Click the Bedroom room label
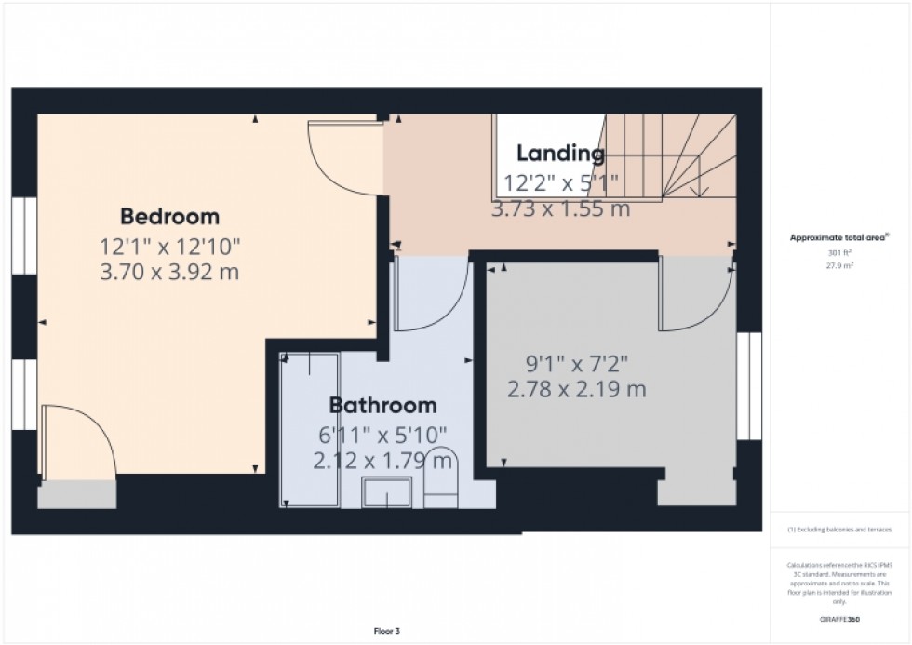pos(169,217)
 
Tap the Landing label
pos(560,154)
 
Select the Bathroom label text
pos(382,406)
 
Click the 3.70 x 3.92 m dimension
pos(169,273)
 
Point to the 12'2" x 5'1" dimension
pos(560,182)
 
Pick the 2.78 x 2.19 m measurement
pos(577,389)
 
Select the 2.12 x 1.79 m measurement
pos(382,460)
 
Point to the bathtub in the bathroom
pos(310,430)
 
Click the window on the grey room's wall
pos(749,385)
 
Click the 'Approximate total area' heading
pos(839,238)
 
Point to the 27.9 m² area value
pos(839,265)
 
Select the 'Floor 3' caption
pos(386,632)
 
